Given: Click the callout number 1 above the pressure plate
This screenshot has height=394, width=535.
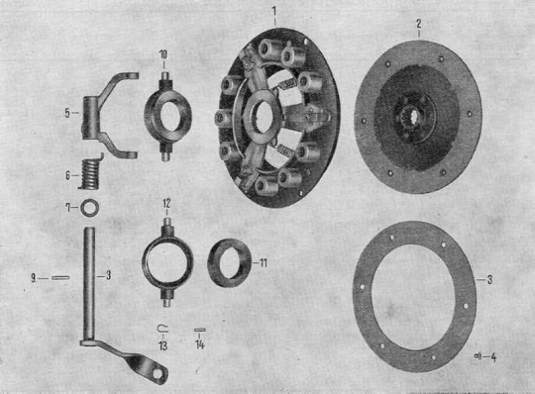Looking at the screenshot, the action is pyautogui.click(x=274, y=11).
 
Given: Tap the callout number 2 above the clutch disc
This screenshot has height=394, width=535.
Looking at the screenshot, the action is pyautogui.click(x=419, y=24).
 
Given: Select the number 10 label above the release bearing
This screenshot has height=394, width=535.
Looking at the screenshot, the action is pyautogui.click(x=163, y=54).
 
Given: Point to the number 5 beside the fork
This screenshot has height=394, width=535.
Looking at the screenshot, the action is pyautogui.click(x=67, y=113).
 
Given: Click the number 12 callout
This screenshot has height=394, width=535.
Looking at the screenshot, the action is pyautogui.click(x=166, y=204).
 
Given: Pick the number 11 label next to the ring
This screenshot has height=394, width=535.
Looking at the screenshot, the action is pyautogui.click(x=263, y=263).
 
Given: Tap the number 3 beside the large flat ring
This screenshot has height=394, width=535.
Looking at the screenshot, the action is pyautogui.click(x=489, y=280).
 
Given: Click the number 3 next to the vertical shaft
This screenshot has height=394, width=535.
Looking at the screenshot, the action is pyautogui.click(x=108, y=275).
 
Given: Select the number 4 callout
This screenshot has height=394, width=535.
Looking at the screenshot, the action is pyautogui.click(x=493, y=357).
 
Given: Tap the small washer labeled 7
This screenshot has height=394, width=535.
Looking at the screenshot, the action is pyautogui.click(x=90, y=207).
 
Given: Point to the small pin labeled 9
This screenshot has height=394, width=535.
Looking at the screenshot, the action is pyautogui.click(x=60, y=278).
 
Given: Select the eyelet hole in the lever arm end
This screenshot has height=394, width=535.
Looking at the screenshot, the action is pyautogui.click(x=158, y=374).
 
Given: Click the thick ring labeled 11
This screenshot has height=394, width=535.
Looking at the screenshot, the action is pyautogui.click(x=229, y=262).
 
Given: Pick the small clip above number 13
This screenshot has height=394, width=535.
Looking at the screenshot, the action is pyautogui.click(x=162, y=328).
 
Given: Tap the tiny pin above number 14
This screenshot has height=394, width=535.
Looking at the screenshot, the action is pyautogui.click(x=199, y=330).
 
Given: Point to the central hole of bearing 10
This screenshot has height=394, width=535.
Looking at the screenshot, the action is pyautogui.click(x=167, y=117).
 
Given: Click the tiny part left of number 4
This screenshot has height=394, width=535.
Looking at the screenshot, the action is pyautogui.click(x=478, y=356).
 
